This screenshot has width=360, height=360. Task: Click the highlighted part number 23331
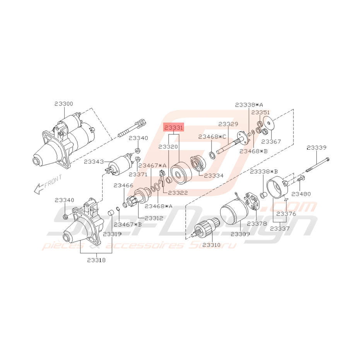pos(174,128)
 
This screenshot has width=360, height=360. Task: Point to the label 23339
pos(317,147)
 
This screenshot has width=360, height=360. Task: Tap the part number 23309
pos(240,234)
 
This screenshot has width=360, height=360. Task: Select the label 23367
pos(272,142)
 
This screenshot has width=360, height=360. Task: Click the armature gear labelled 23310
pos(205,230)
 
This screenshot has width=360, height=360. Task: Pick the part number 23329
pos(228,124)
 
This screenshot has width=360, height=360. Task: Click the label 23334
pos(214,175)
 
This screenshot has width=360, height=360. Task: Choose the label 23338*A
pos(249,105)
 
